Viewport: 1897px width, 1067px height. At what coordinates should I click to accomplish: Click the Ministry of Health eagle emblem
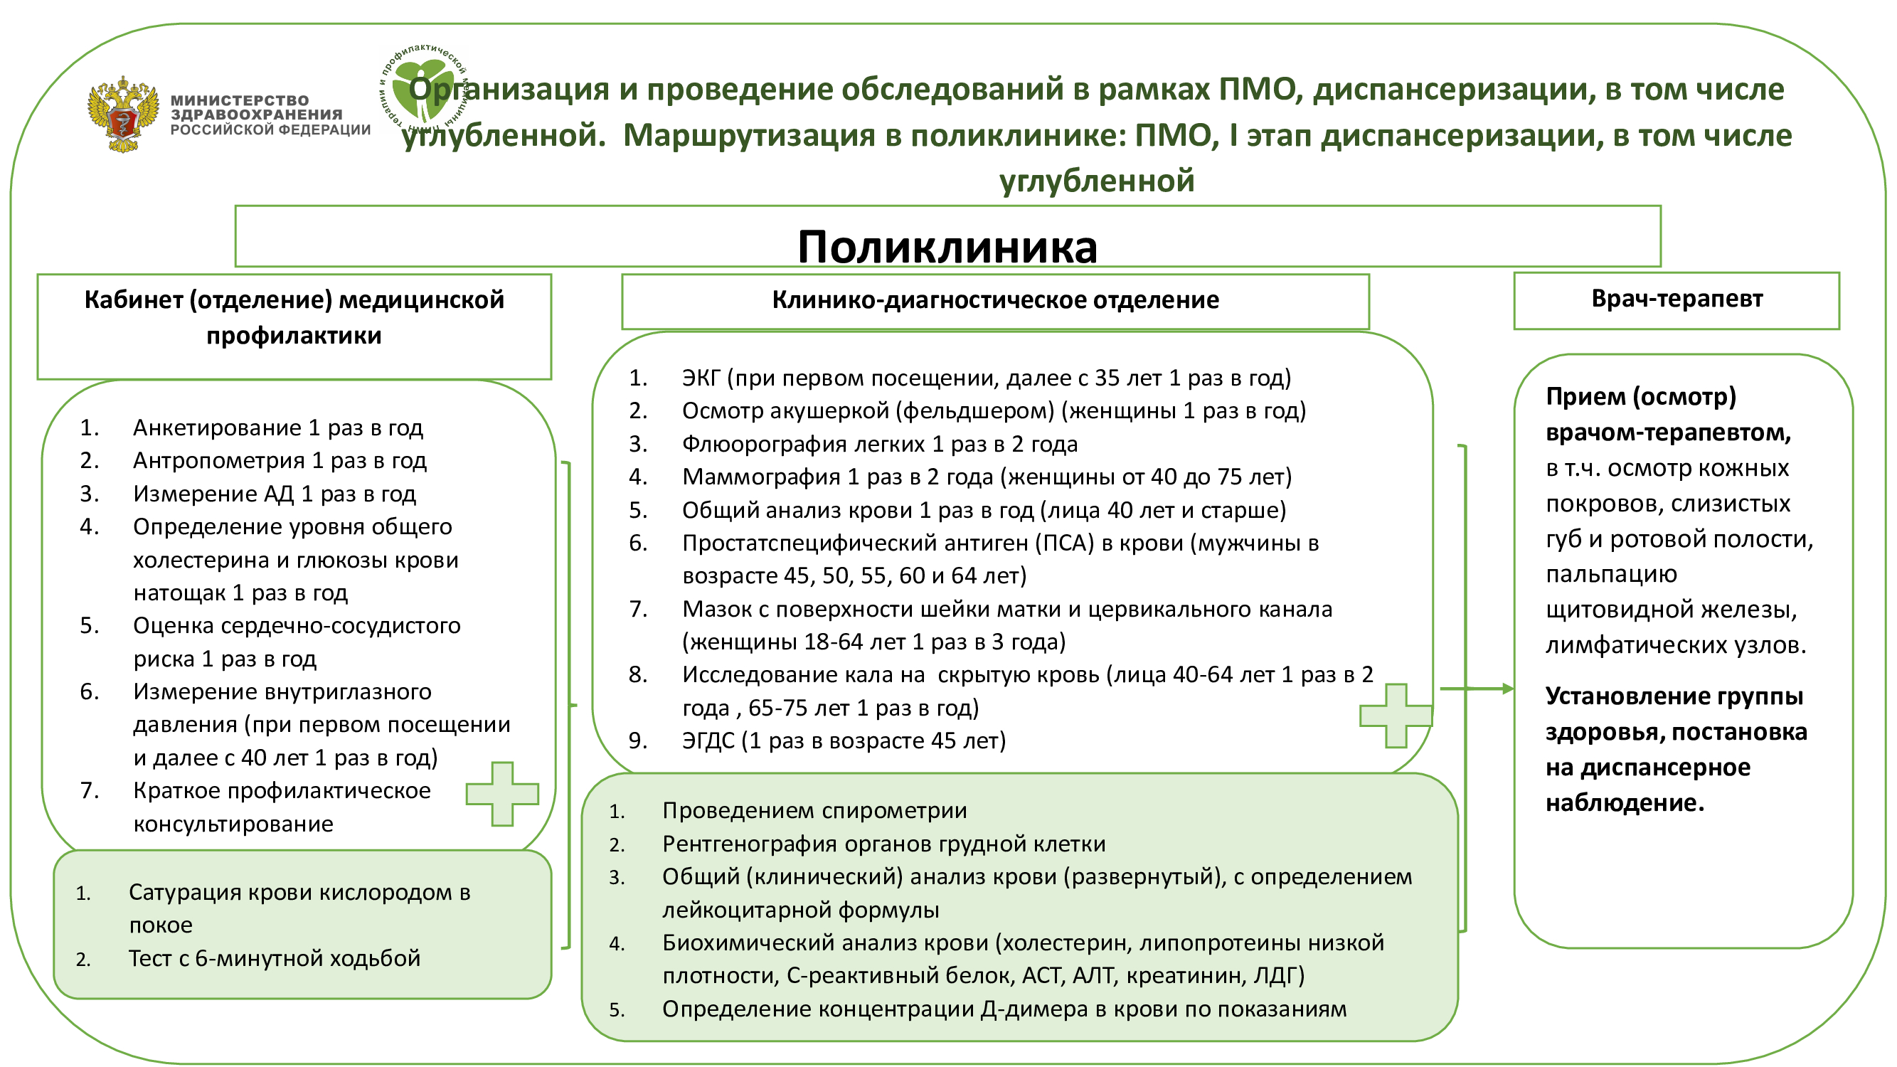[x=122, y=114]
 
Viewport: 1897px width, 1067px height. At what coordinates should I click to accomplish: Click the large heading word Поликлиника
[x=947, y=246]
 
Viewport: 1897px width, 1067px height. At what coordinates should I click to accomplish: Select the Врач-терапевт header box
[x=1676, y=299]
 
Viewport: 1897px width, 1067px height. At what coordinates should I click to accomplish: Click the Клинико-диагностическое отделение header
[x=994, y=300]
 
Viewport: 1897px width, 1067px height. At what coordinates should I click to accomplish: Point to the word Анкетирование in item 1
[x=216, y=428]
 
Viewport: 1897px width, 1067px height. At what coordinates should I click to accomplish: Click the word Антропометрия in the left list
[x=218, y=461]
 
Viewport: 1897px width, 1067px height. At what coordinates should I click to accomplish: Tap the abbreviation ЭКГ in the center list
[x=701, y=378]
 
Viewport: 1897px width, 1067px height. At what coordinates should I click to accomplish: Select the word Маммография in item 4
[x=760, y=477]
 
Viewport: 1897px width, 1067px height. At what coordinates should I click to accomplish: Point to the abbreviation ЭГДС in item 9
[x=708, y=740]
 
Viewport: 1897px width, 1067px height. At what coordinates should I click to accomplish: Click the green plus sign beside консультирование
[x=502, y=794]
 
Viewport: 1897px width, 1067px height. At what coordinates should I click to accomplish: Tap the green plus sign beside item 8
[x=1396, y=716]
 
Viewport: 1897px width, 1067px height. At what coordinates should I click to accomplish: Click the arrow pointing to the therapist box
[x=1480, y=689]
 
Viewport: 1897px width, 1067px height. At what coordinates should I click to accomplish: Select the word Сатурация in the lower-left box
[x=185, y=893]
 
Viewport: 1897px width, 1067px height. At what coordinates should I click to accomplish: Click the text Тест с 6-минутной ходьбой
[x=274, y=959]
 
